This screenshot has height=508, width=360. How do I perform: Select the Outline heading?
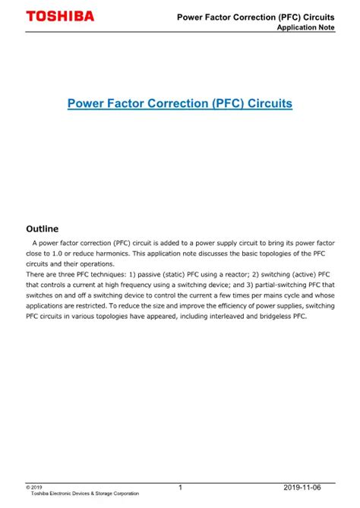click(43, 228)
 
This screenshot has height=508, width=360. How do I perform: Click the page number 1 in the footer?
click(180, 487)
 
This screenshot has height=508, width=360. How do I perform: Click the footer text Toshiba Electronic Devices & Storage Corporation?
click(84, 494)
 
